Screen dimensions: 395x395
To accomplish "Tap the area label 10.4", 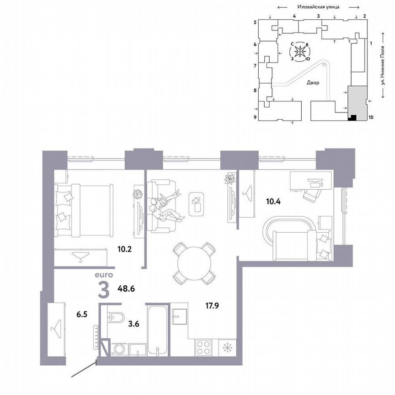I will click(274, 200).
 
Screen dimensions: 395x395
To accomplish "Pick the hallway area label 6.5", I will click(82, 315).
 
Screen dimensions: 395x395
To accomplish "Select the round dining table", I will click(194, 262).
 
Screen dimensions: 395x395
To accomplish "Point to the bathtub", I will click(158, 330).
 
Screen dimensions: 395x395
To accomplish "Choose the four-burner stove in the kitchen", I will click(204, 347).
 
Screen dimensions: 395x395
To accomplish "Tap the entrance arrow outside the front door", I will click(85, 370).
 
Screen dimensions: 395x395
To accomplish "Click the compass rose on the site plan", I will click(300, 52).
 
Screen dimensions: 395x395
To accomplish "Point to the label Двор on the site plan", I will click(313, 83).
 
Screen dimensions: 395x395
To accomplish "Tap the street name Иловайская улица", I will click(317, 7).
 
